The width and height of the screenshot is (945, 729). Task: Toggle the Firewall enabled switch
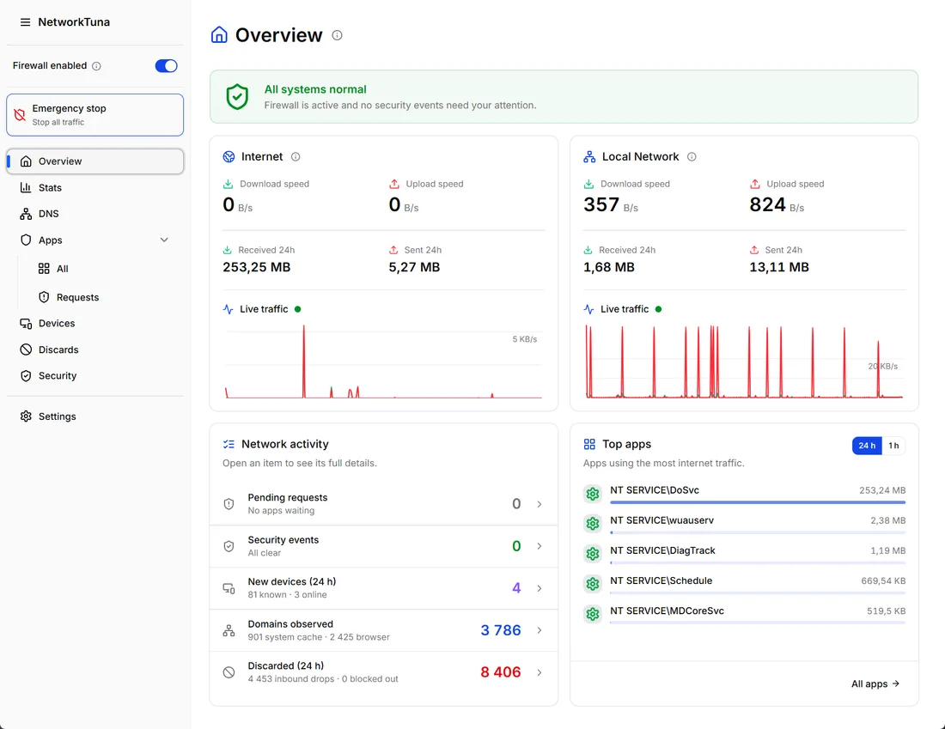[x=166, y=65]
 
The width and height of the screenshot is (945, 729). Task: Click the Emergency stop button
[x=94, y=114]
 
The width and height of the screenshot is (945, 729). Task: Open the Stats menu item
[x=50, y=187]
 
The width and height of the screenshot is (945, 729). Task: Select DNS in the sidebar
[x=48, y=214]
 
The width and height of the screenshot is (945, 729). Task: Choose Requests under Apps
[x=77, y=297]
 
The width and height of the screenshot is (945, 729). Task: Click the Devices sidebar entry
[x=57, y=324]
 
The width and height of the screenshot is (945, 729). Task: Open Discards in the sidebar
[x=58, y=349]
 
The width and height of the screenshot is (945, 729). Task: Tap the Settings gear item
[x=57, y=416]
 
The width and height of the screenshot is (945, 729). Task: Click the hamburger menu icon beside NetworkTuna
[x=25, y=22]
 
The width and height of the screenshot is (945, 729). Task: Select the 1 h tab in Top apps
[x=893, y=446]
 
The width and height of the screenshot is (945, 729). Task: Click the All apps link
[x=875, y=683]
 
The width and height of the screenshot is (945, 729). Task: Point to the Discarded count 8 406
[x=500, y=671]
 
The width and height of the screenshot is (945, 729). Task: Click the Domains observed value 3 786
[x=500, y=630]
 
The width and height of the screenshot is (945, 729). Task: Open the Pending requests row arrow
[x=540, y=504]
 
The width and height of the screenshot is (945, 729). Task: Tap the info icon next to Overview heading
[x=338, y=35]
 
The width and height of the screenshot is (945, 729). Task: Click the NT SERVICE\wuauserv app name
[x=661, y=520]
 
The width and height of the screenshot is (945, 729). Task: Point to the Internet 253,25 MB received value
[x=256, y=267]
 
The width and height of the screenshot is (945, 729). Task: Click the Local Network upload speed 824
[x=767, y=205]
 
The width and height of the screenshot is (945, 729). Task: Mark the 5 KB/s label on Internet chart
[x=524, y=339]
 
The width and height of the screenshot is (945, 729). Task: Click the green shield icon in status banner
[x=237, y=96]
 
